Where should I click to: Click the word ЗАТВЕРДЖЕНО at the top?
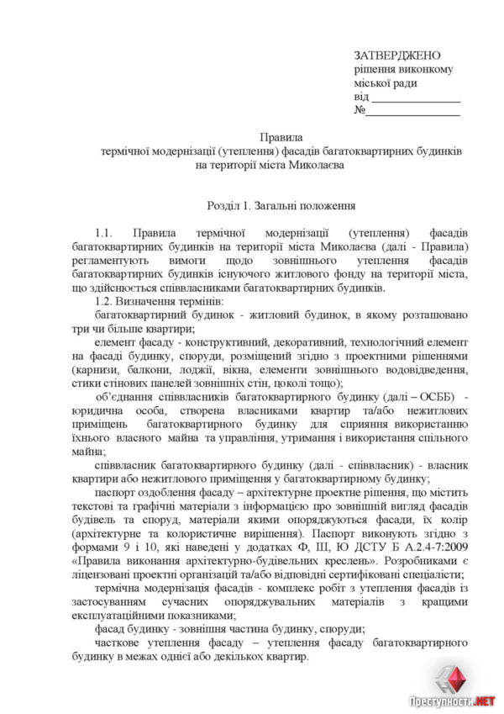pos(396,55)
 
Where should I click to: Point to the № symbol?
pos(360,111)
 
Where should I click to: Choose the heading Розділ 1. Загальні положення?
pos(281,205)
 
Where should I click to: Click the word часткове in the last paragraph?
pos(120,643)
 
